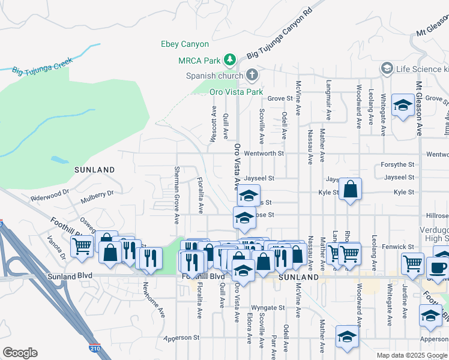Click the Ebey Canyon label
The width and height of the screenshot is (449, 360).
click(x=184, y=44)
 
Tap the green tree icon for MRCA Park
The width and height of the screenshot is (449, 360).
click(x=229, y=59)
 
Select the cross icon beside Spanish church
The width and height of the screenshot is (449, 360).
click(x=252, y=75)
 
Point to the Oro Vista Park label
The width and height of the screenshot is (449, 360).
click(x=236, y=92)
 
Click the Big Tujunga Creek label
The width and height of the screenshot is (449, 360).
click(x=42, y=66)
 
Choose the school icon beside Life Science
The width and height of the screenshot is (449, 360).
click(x=387, y=69)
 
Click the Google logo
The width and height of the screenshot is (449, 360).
click(x=20, y=353)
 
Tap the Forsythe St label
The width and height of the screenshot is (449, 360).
click(x=397, y=164)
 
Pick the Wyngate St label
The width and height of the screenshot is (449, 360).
click(x=268, y=307)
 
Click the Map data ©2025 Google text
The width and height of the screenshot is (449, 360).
click(x=412, y=355)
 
